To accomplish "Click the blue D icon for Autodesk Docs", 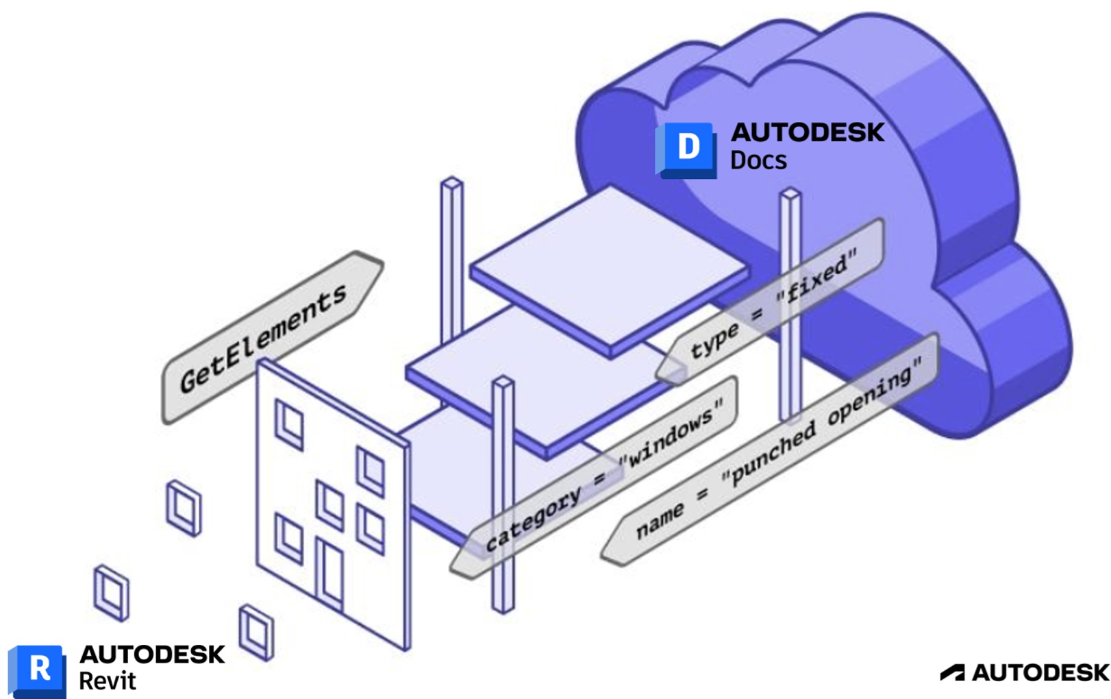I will coord(688,148).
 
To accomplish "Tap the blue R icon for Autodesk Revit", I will coord(38,670).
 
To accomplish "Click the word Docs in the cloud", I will coord(758,160).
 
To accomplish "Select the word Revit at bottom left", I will coord(108,681).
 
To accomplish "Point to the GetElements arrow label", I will coord(264,338).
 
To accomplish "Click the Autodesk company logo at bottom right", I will coord(1025,673).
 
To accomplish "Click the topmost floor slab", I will coord(610,267).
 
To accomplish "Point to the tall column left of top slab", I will coord(451,260).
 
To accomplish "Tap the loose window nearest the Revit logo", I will coord(112,593).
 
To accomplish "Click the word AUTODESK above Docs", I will coord(808,132).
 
